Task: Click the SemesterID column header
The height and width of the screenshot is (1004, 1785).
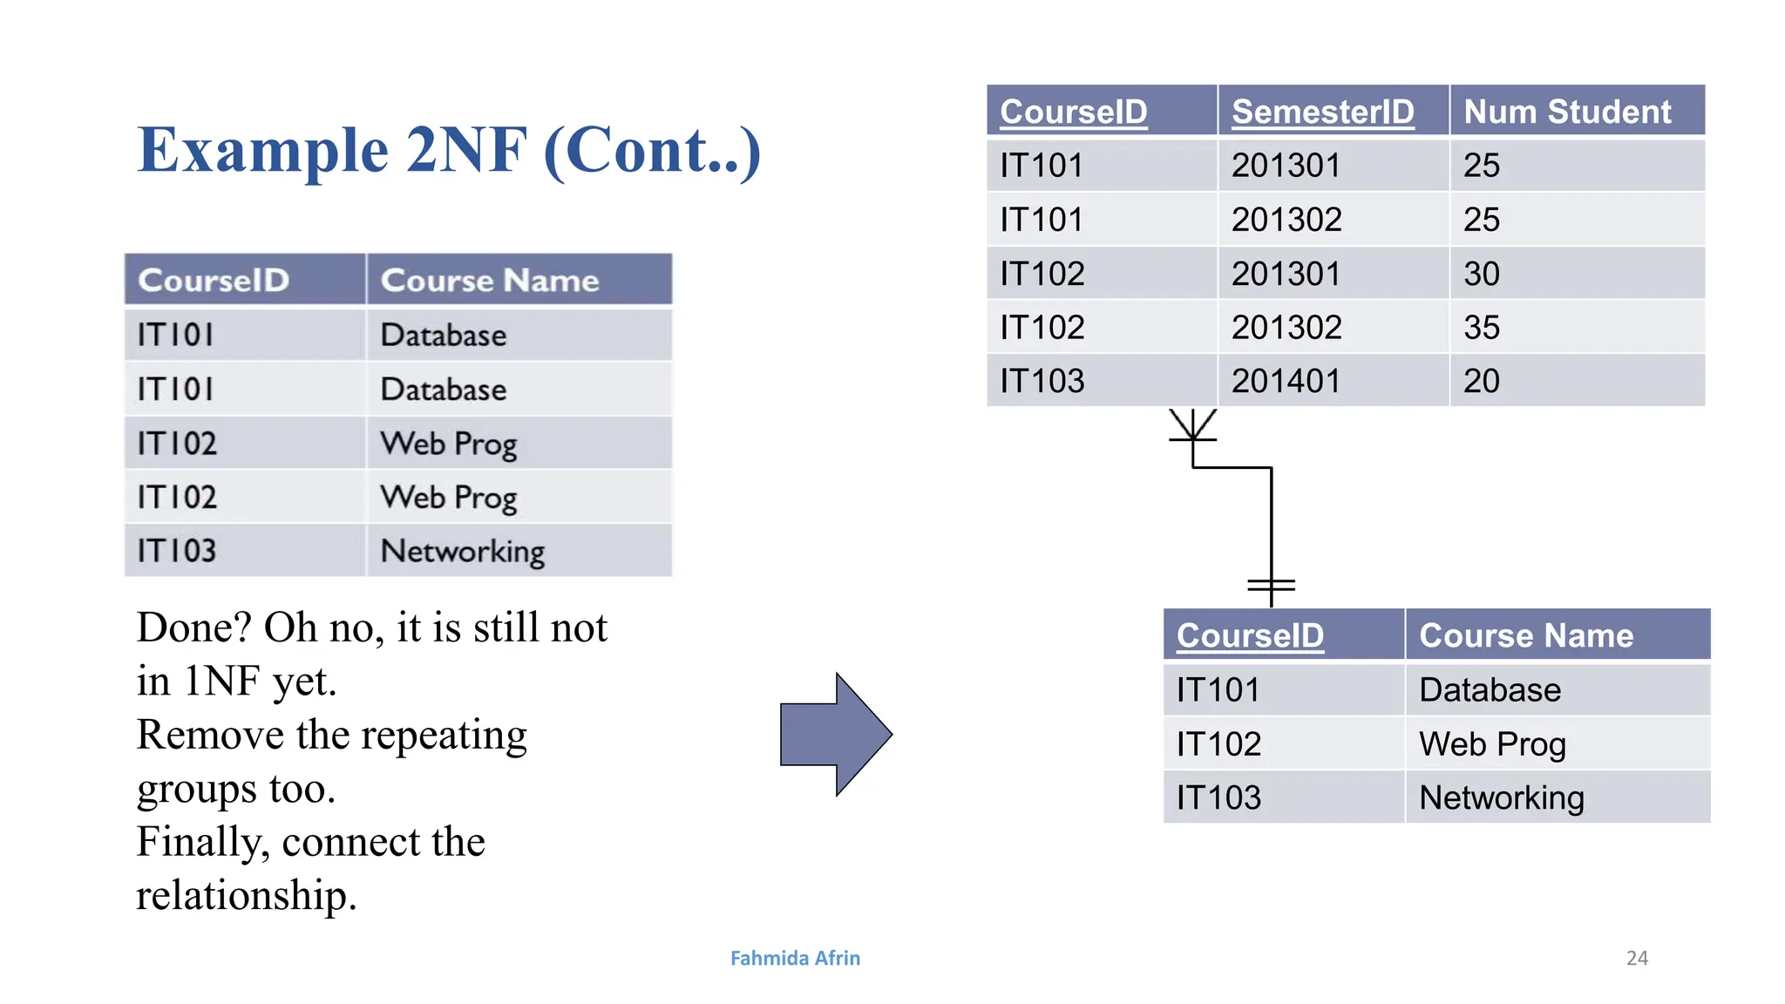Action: (1322, 112)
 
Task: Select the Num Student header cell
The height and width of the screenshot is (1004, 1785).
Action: (1566, 112)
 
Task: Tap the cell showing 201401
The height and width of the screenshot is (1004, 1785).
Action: (1286, 381)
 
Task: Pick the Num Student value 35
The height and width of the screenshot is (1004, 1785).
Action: (1482, 328)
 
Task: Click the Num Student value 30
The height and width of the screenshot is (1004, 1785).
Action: (1482, 274)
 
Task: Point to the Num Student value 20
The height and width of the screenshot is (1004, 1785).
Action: (1482, 381)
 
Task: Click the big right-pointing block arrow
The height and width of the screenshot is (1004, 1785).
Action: (835, 734)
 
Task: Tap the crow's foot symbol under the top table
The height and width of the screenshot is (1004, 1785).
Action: (1192, 426)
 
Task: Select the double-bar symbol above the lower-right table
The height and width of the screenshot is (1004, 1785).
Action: (1271, 587)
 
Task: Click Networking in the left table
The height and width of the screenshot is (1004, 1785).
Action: (462, 551)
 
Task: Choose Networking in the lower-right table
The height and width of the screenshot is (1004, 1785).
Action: (1501, 797)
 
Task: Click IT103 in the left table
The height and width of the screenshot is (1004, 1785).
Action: (177, 551)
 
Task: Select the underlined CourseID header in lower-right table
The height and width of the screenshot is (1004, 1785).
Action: (1250, 635)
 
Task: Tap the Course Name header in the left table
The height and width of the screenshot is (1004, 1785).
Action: (490, 281)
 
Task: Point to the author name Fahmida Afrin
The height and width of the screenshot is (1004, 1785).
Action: (795, 958)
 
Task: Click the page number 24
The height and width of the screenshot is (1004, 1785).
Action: (1637, 958)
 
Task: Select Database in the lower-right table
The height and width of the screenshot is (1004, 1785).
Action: (1490, 690)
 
